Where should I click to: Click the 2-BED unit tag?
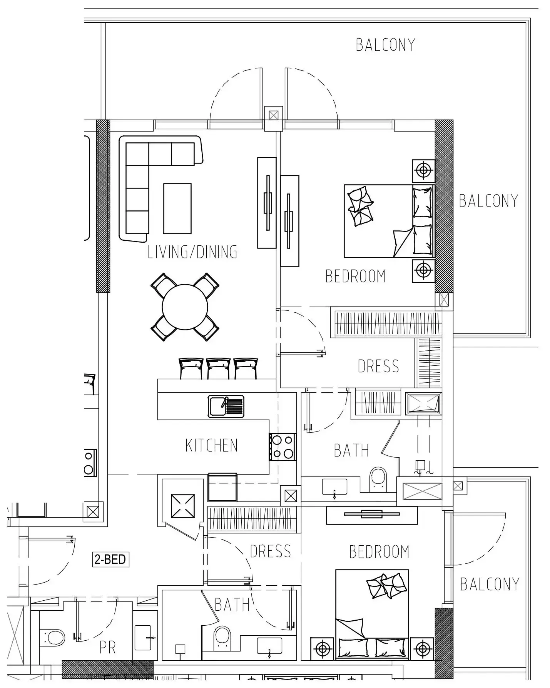click(111, 559)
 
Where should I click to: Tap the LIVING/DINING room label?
click(192, 252)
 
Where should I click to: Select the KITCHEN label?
click(211, 445)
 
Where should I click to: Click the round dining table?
click(185, 307)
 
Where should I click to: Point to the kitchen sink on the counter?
click(226, 406)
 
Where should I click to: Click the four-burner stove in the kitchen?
click(283, 447)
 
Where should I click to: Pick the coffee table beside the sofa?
click(177, 208)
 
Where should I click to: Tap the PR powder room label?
click(107, 648)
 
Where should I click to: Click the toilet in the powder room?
click(52, 638)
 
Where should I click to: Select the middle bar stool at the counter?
click(218, 368)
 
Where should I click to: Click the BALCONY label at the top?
click(385, 45)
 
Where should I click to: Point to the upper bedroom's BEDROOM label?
click(355, 276)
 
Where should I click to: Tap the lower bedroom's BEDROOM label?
click(379, 552)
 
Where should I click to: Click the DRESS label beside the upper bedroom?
click(378, 366)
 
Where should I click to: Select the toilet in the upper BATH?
click(378, 479)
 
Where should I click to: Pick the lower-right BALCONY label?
click(490, 585)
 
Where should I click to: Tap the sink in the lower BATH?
click(269, 647)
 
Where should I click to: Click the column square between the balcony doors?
click(274, 115)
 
